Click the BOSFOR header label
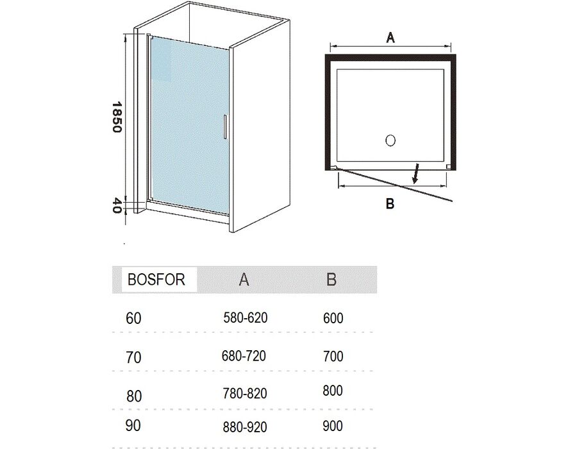(x=156, y=280)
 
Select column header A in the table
(x=244, y=280)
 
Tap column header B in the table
(x=331, y=279)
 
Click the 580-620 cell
(x=246, y=318)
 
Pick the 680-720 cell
(x=244, y=356)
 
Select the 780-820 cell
(x=245, y=393)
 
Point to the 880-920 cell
(x=245, y=427)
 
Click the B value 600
(x=333, y=318)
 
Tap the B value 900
(x=333, y=426)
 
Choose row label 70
(x=133, y=357)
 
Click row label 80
(x=134, y=396)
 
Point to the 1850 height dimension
(x=116, y=117)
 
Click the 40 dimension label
(x=116, y=206)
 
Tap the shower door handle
(x=224, y=127)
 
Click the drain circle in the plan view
(x=390, y=140)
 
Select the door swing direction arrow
(x=417, y=173)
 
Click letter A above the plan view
(x=390, y=37)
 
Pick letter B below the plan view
(x=390, y=203)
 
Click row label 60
(x=133, y=318)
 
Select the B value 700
(x=333, y=356)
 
